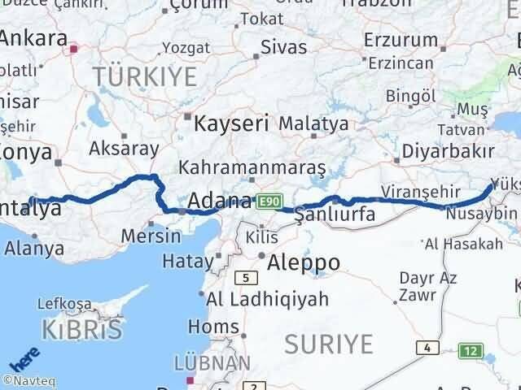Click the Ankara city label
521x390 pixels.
coord(34,39)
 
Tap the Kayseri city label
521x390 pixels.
coord(232,123)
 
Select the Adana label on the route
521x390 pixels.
coord(220,201)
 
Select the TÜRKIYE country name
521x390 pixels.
coord(145,77)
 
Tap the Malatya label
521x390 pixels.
coord(313,124)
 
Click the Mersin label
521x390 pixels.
coord(151,236)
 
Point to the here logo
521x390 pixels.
coord(24,358)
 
